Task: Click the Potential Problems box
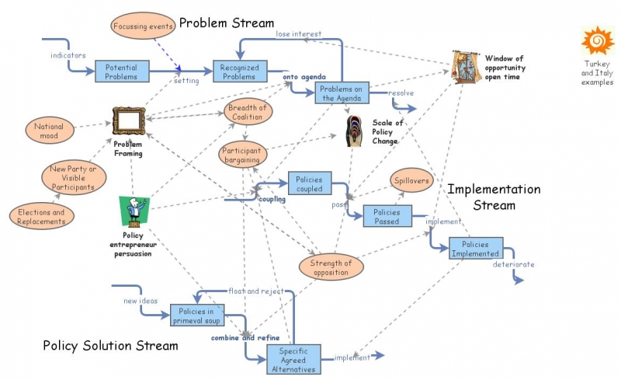click(x=121, y=71)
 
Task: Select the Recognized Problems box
click(x=238, y=71)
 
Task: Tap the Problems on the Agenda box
click(x=342, y=92)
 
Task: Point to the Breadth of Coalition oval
click(x=249, y=113)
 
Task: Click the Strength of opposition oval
click(x=331, y=267)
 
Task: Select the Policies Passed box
click(x=387, y=216)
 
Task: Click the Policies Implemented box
click(x=476, y=249)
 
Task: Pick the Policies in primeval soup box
click(x=196, y=315)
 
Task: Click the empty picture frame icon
click(x=129, y=122)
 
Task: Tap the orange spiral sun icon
click(x=598, y=40)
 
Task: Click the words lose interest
click(x=298, y=34)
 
